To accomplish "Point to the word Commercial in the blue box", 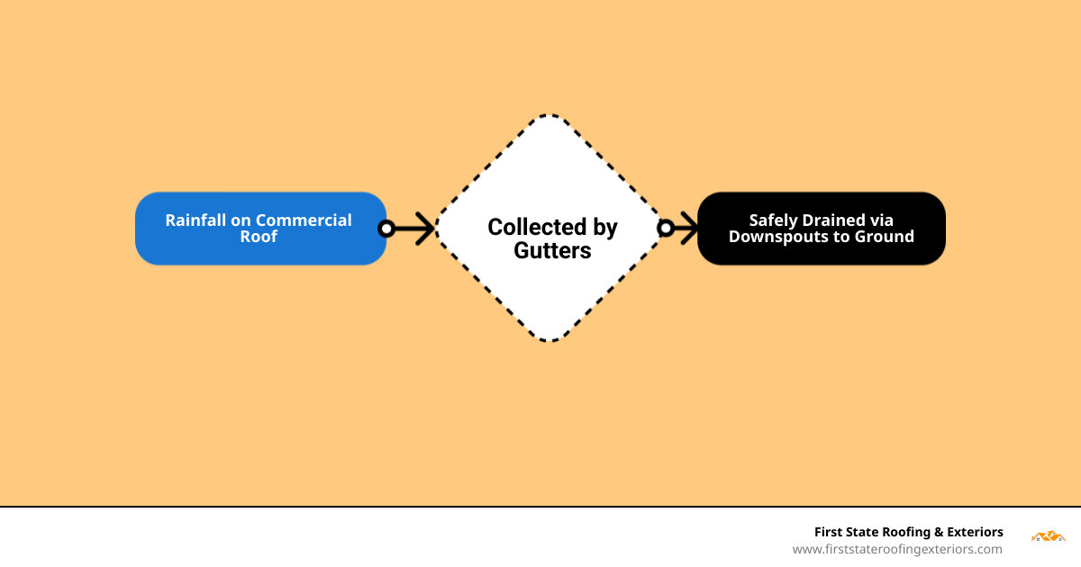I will click(304, 220).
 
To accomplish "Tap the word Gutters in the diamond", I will click(552, 251).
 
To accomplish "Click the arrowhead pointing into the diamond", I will click(425, 229).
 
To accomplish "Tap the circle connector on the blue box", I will click(386, 229).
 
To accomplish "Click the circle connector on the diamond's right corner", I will click(666, 229).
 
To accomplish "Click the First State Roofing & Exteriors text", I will click(908, 532).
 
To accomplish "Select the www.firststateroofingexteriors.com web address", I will click(897, 549).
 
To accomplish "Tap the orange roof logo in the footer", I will click(1048, 536).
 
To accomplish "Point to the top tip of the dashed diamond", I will click(550, 115).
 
